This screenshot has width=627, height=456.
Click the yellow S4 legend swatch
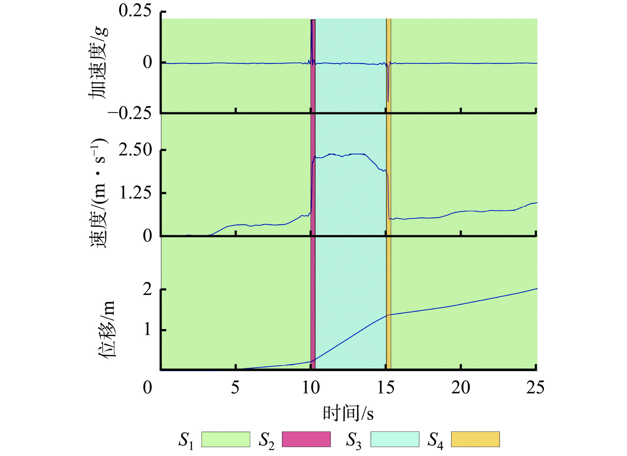[475, 439]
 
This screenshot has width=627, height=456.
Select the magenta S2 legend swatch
[306, 439]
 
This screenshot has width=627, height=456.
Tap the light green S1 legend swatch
[226, 439]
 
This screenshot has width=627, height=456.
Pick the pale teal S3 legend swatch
[394, 439]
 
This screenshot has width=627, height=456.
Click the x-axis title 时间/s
[348, 413]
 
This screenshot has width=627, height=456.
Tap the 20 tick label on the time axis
[460, 387]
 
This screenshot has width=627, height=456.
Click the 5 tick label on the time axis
[235, 387]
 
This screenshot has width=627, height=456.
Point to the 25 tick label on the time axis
[535, 387]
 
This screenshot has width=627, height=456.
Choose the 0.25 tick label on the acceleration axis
[135, 11]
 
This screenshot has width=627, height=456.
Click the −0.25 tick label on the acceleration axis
[130, 113]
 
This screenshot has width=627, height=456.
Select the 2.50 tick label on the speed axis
[135, 150]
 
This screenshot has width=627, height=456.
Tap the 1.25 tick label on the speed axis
[135, 193]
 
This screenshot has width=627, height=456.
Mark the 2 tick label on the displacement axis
[147, 290]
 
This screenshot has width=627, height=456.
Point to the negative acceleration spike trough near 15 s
[388, 101]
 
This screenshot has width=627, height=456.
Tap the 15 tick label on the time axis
[385, 387]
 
